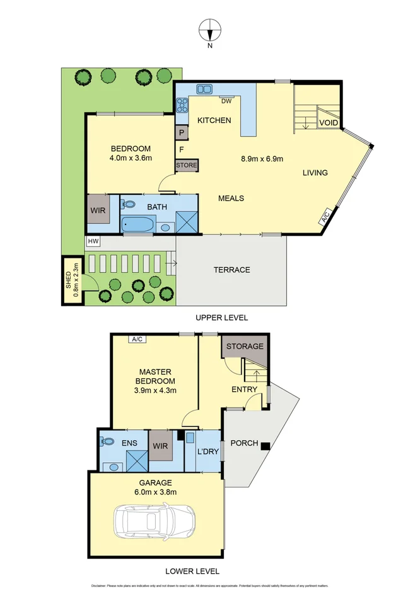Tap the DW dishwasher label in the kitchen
pyautogui.click(x=226, y=100)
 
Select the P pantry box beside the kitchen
pyautogui.click(x=182, y=133)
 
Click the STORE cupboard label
pyautogui.click(x=187, y=165)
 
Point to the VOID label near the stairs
pyautogui.click(x=328, y=122)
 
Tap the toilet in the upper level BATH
pyautogui.click(x=129, y=204)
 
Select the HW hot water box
pyautogui.click(x=93, y=242)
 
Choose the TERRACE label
pyautogui.click(x=231, y=270)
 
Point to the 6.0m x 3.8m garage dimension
pyautogui.click(x=155, y=492)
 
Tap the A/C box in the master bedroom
pyautogui.click(x=137, y=339)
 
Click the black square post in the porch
pyautogui.click(x=265, y=446)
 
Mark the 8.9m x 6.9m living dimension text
pyautogui.click(x=263, y=158)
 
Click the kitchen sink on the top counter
pyautogui.click(x=205, y=89)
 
